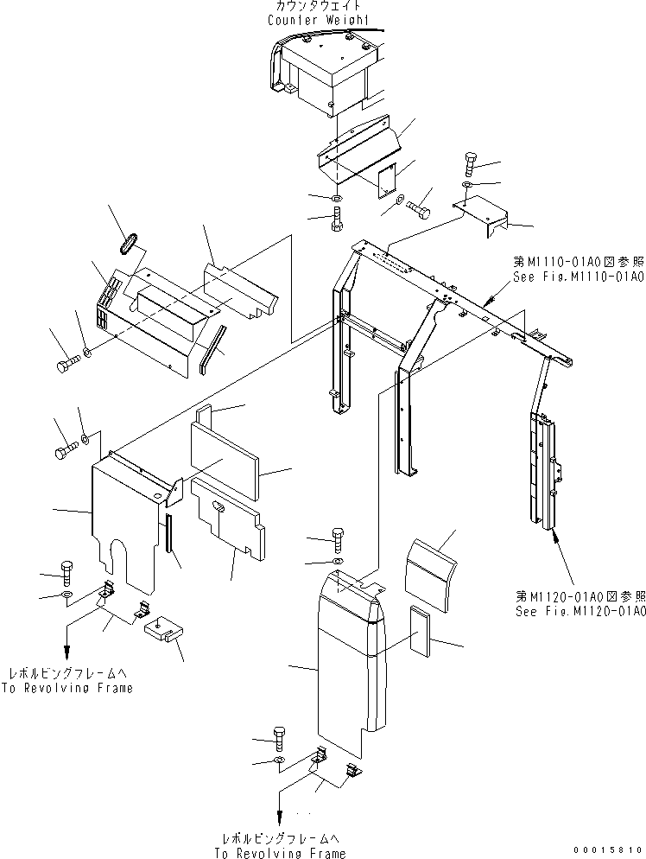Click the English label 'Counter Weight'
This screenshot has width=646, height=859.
(317, 19)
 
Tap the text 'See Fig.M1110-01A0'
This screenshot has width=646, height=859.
(575, 277)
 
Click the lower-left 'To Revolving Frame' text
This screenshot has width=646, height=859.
(67, 688)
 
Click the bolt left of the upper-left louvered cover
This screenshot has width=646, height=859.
(67, 365)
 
